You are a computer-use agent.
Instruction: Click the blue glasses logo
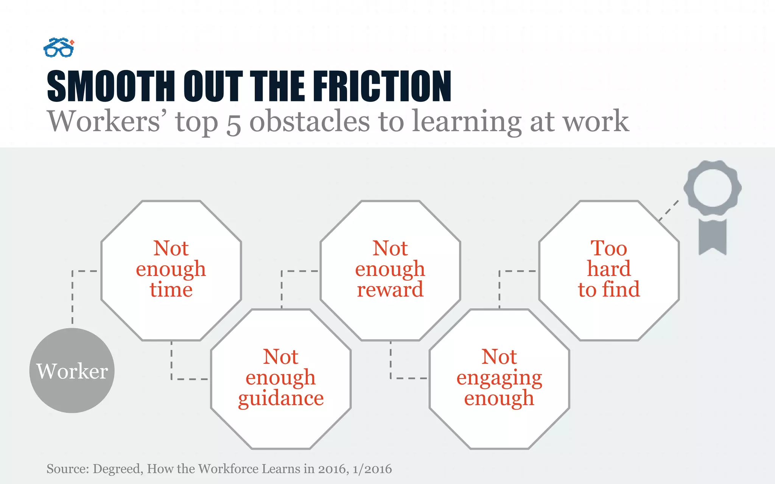pos(59,48)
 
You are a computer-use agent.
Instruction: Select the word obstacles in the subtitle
pos(310,121)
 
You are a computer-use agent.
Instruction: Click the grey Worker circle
pos(72,371)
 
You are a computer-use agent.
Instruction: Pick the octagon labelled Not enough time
pos(171,270)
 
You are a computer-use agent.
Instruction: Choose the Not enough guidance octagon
pos(281,379)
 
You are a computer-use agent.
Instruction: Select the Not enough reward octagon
pos(390,270)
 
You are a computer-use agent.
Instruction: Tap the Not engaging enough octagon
pos(499,379)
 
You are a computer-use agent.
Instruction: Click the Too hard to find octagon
pos(609,270)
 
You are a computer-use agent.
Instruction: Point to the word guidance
pos(281,399)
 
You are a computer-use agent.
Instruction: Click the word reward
pos(390,290)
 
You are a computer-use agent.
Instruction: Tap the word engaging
pos(499,378)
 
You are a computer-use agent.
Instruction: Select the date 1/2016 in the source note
pos(372,469)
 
